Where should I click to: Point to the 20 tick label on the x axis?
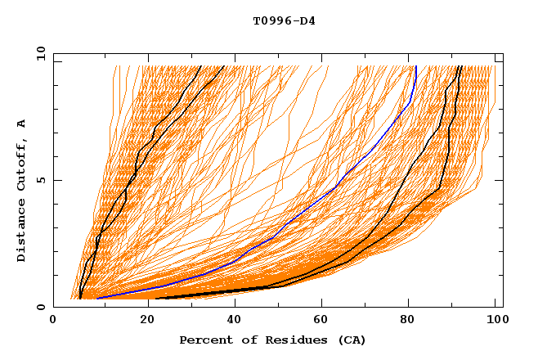pyautogui.click(x=142, y=321)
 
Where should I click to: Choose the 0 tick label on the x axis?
pyautogui.click(x=54, y=321)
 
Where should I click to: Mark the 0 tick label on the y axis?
pyautogui.click(x=40, y=308)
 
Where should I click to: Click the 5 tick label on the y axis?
pyautogui.click(x=40, y=180)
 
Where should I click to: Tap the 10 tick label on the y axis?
pyautogui.click(x=38, y=53)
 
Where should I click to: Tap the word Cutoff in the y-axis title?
pyautogui.click(x=21, y=163)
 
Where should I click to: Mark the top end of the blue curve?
pyautogui.click(x=415, y=67)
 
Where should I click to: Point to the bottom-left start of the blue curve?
pyautogui.click(x=97, y=298)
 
